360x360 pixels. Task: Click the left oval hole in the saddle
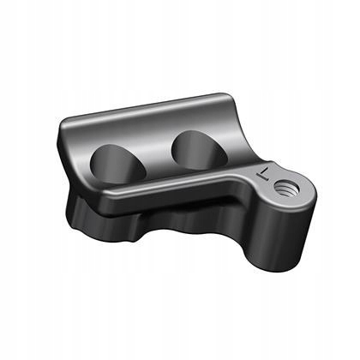coord(117,164)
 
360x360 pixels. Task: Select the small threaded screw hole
coord(286,188)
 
